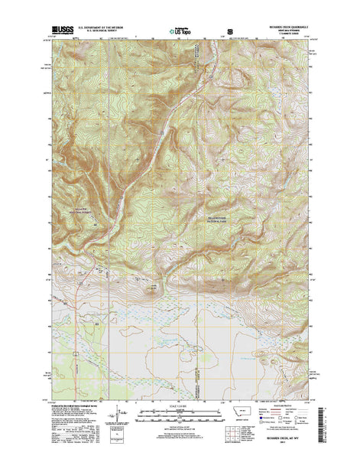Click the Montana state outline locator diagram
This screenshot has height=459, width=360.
[x=245, y=414]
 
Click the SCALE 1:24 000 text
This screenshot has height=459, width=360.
[x=180, y=406]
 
